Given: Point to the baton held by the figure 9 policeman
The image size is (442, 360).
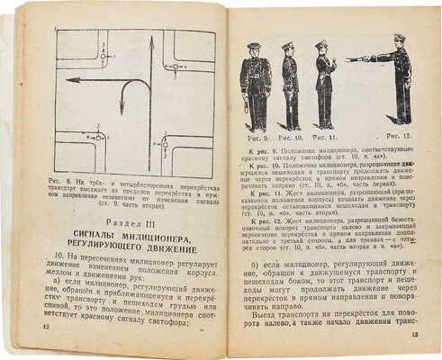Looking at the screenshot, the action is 246,105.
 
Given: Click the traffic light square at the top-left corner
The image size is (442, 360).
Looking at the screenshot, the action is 103,57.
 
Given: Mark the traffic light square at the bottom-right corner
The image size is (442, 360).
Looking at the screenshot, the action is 165,141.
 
